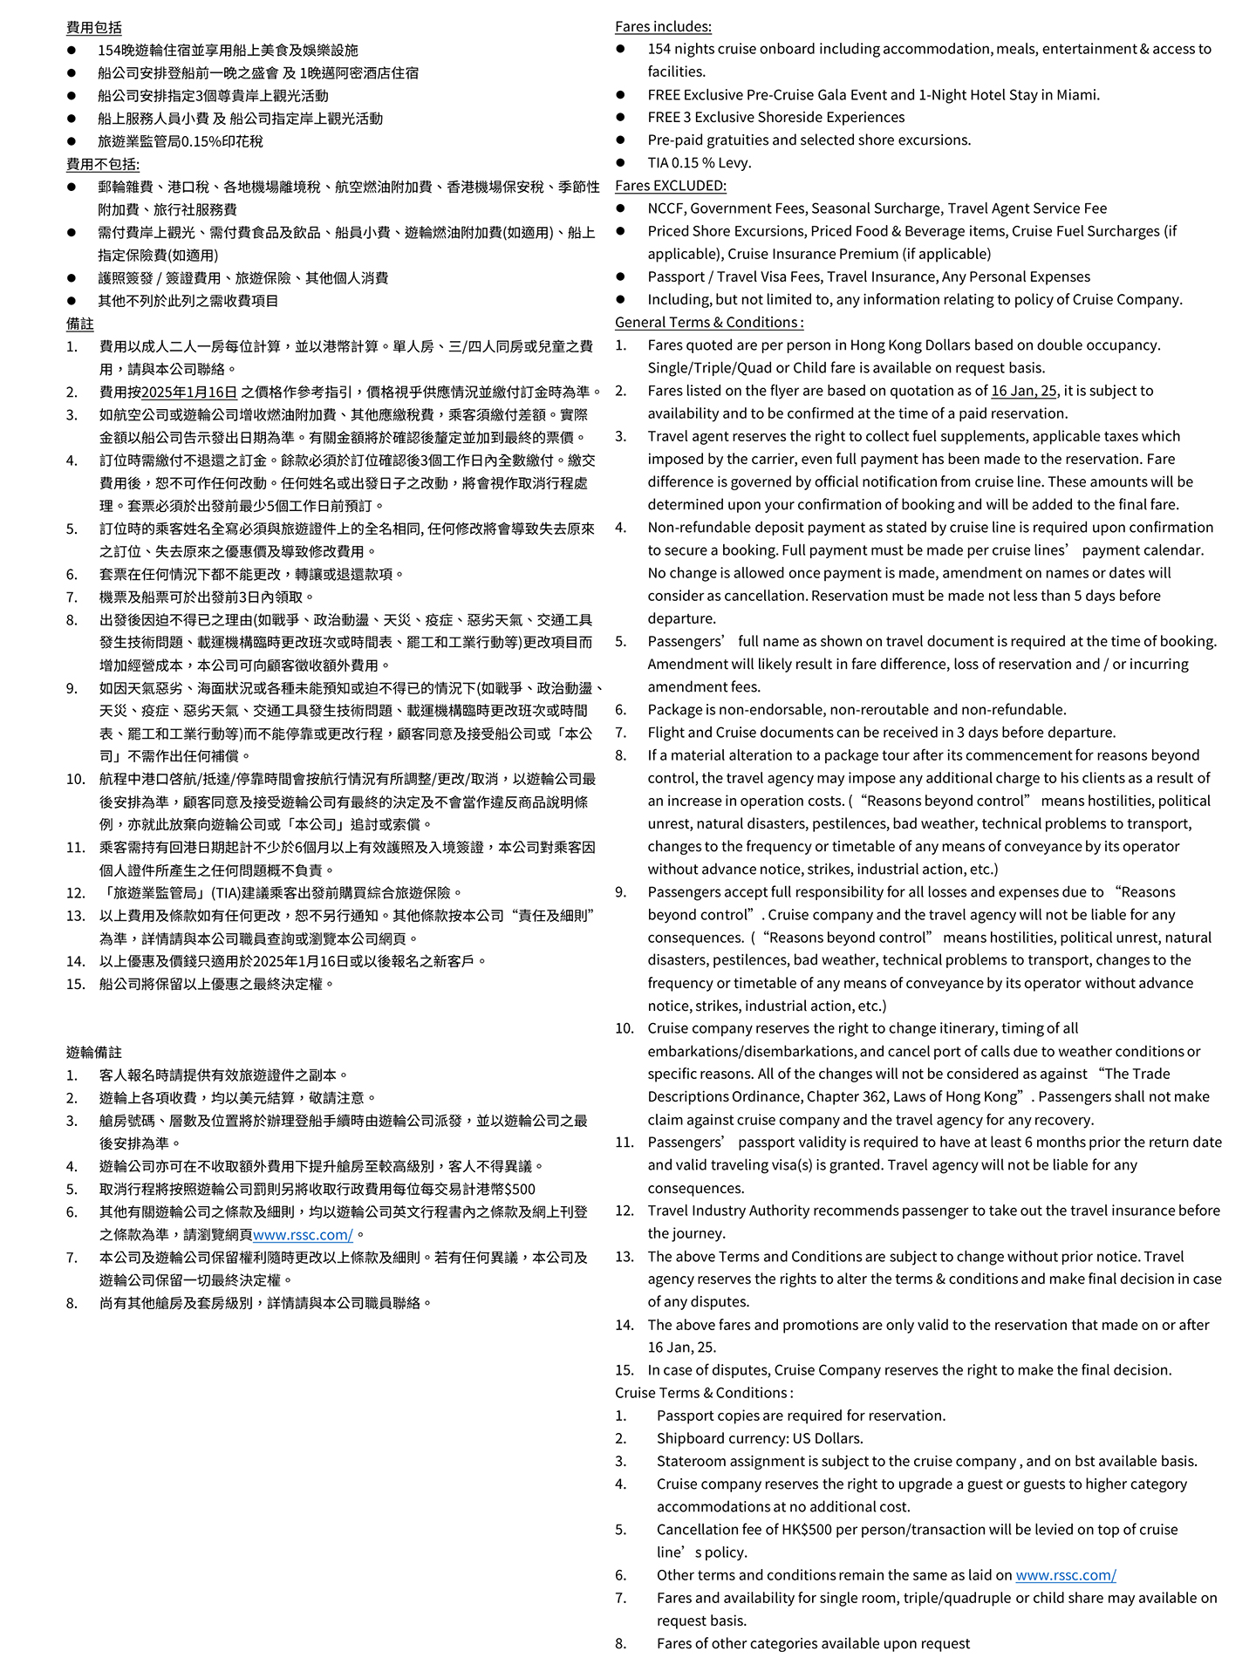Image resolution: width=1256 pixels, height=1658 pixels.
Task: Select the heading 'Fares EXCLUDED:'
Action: (x=670, y=185)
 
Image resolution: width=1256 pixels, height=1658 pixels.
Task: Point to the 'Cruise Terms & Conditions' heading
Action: (x=703, y=1393)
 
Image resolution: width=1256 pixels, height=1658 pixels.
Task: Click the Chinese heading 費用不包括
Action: (x=102, y=164)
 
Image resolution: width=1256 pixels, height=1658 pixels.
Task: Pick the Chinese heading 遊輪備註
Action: (x=94, y=1052)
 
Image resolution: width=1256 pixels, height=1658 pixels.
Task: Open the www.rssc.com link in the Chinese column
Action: (x=303, y=1234)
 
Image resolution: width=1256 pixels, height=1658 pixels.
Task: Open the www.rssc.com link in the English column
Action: (x=1065, y=1575)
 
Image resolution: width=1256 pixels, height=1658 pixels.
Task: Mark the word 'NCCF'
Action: (x=666, y=208)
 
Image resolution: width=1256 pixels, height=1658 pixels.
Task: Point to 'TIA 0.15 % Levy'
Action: (x=699, y=162)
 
